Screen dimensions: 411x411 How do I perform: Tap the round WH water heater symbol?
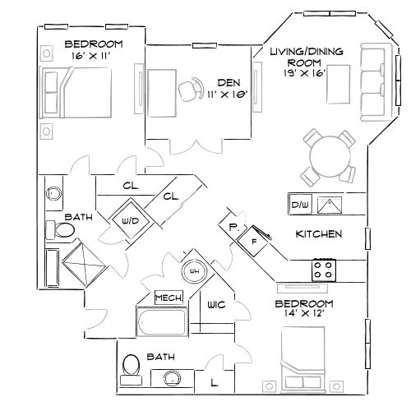pos(196,270)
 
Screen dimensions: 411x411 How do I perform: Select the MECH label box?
pos(169,297)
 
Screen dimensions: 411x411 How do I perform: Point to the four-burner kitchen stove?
pos(324,269)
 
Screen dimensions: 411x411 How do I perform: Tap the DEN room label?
pos(229,82)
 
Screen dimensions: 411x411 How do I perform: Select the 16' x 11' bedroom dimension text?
pos(92,55)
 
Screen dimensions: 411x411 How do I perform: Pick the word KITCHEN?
pos(318,234)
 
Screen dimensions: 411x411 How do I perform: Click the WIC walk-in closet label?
pos(217,306)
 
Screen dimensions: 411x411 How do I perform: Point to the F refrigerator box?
pos(255,243)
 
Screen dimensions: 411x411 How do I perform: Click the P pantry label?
pos(233,226)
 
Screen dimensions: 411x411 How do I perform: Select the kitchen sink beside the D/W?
pos(329,204)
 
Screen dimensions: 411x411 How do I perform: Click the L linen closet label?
pos(214,382)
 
